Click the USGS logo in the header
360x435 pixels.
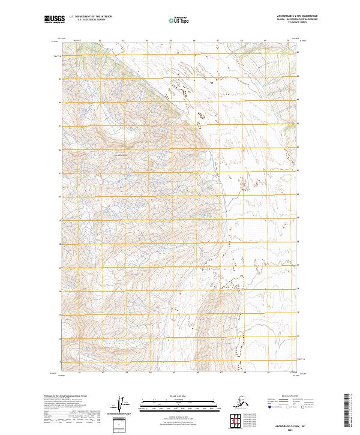pyautogui.click(x=52, y=20)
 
